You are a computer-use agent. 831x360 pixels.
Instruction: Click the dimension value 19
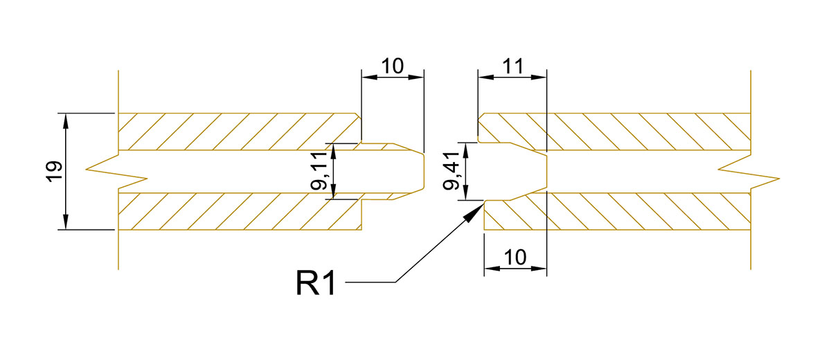(54, 171)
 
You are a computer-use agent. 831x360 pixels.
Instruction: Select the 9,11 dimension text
(319, 171)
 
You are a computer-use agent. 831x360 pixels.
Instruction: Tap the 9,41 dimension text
(452, 171)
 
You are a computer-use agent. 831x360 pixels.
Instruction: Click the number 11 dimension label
(512, 66)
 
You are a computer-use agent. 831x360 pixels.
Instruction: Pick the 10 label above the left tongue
(393, 66)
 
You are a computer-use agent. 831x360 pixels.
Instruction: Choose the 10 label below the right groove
(515, 257)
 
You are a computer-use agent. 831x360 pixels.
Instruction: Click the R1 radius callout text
(316, 283)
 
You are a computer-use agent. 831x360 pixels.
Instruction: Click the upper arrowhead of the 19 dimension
(66, 121)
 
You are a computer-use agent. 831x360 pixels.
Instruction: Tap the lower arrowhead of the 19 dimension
(66, 222)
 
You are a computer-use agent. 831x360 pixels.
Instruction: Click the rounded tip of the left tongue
(423, 171)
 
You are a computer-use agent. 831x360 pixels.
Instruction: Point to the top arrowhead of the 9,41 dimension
(466, 150)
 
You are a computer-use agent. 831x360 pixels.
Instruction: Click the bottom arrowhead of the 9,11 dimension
(333, 191)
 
